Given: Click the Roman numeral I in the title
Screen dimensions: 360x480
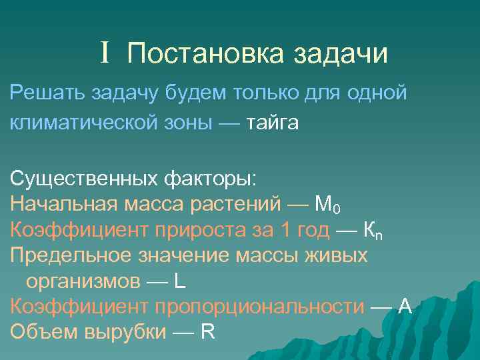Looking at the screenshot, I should (x=105, y=53).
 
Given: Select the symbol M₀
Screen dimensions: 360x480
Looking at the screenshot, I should (x=328, y=205).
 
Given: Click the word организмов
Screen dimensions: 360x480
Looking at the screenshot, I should (x=81, y=281).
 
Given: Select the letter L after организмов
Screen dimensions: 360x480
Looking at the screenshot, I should (x=179, y=281).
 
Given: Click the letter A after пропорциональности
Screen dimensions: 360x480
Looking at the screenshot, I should (x=404, y=306).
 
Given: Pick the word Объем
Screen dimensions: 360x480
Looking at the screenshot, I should (x=39, y=331).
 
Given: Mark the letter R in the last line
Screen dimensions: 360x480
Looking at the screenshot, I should (x=207, y=331).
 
